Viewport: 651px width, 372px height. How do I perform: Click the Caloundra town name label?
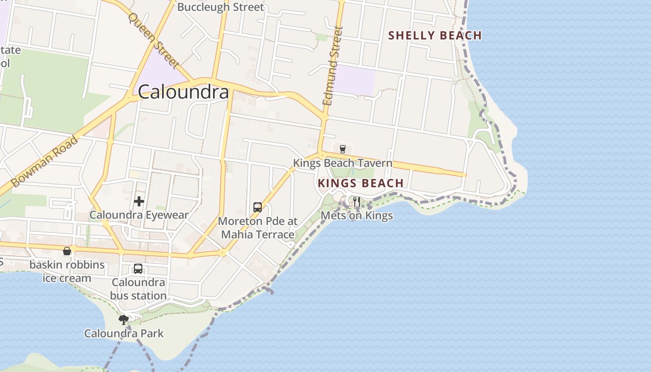click(x=183, y=92)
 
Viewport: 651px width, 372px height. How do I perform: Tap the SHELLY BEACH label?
click(x=435, y=35)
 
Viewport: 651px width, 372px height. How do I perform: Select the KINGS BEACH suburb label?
click(x=360, y=183)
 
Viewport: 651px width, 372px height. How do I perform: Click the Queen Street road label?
click(x=154, y=40)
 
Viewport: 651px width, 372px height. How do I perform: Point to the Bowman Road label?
click(x=45, y=161)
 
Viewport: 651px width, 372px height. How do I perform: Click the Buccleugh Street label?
click(x=220, y=7)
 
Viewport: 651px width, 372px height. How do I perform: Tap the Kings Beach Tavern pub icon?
click(x=343, y=149)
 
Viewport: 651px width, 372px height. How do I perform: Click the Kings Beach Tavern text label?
click(x=342, y=163)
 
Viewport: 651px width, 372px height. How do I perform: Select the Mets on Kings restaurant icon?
click(x=356, y=201)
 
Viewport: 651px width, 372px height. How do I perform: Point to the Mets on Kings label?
click(x=357, y=216)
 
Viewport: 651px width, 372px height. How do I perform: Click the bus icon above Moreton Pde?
click(x=258, y=207)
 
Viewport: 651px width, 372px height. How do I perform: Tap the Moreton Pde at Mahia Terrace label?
click(x=258, y=228)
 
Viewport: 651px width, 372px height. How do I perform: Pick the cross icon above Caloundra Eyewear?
click(x=139, y=201)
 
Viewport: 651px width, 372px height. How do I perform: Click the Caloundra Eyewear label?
click(x=139, y=215)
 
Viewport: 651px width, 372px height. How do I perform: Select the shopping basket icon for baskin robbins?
click(x=67, y=251)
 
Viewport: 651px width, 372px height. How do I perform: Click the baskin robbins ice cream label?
click(x=67, y=272)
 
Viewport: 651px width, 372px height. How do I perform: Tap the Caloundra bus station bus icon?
click(x=138, y=268)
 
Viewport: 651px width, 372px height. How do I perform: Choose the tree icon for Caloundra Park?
click(x=124, y=319)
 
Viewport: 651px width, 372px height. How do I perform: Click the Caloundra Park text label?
click(x=124, y=333)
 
